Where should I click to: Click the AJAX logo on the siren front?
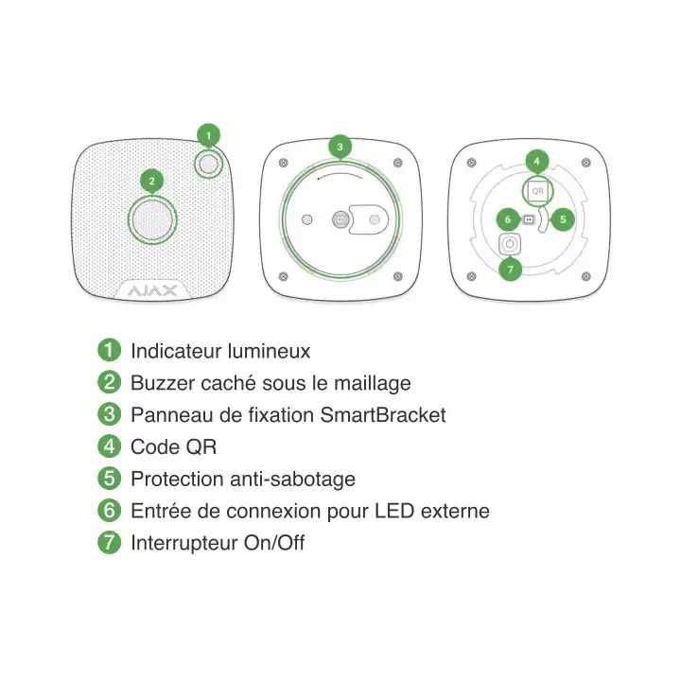[x=152, y=290]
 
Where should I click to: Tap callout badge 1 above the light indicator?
[x=208, y=136]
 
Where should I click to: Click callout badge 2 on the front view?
[x=151, y=181]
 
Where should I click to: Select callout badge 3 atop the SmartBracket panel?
[x=340, y=147]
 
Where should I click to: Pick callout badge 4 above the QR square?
[x=537, y=161]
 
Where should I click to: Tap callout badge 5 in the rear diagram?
[x=563, y=219]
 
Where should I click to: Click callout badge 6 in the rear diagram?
[x=508, y=219]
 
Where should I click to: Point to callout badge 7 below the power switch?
[x=511, y=270]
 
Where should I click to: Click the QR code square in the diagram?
[x=537, y=191]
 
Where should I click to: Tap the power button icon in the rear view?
[x=510, y=244]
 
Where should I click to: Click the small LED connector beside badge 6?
[x=529, y=219]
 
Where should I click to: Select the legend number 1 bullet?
[x=109, y=350]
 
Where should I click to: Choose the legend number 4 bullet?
[x=109, y=446]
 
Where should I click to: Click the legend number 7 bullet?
[x=109, y=542]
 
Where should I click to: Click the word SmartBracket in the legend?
[x=383, y=415]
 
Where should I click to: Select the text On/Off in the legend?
[x=274, y=543]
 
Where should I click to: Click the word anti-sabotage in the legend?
[x=292, y=480]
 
